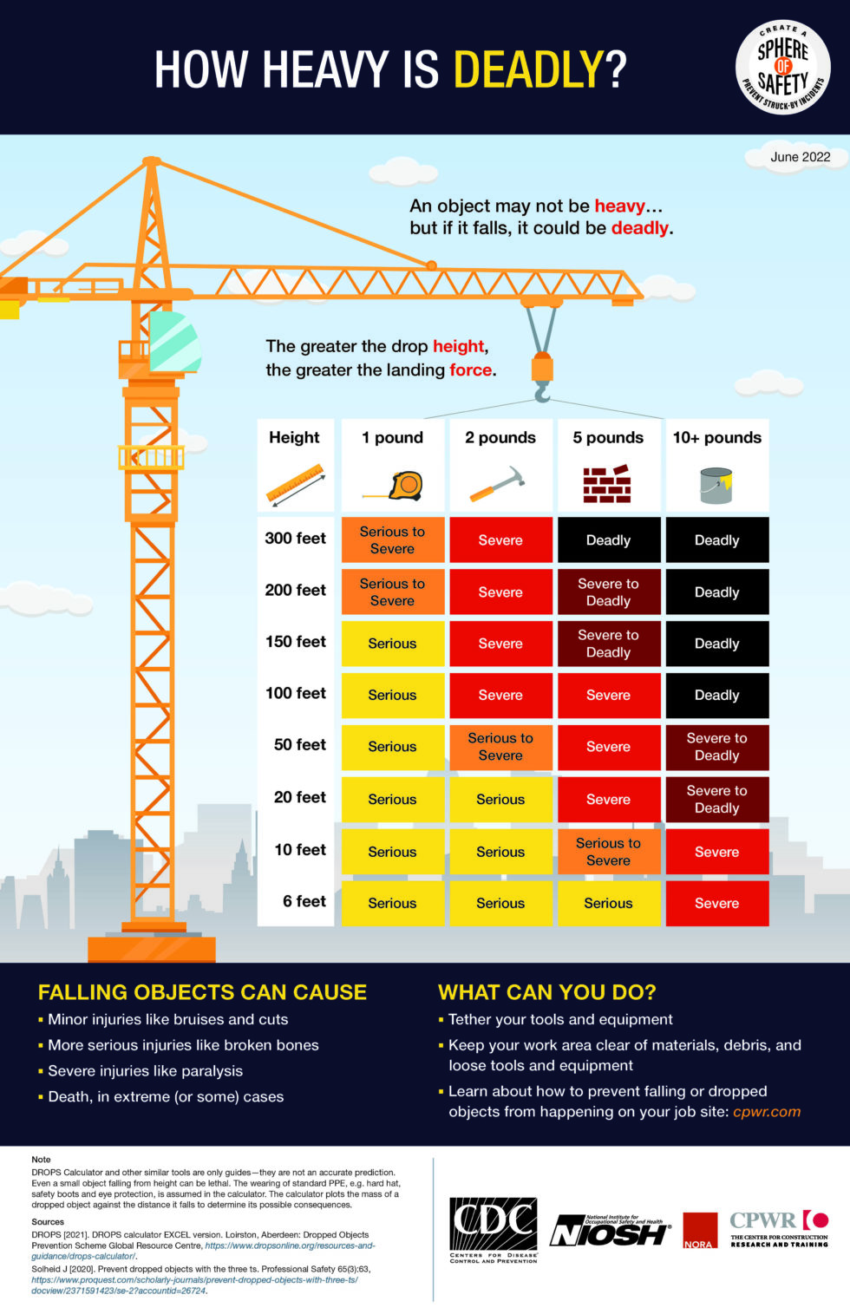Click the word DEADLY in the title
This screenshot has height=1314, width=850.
click(528, 70)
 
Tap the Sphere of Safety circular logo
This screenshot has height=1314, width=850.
click(782, 68)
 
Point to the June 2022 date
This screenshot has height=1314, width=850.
click(800, 157)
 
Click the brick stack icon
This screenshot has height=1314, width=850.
click(607, 484)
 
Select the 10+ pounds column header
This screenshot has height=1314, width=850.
click(716, 438)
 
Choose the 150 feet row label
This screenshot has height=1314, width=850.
click(296, 642)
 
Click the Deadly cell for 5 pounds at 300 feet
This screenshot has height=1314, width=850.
click(608, 540)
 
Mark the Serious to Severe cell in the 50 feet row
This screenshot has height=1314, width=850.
click(500, 747)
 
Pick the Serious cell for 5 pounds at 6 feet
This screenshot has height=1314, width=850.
click(608, 903)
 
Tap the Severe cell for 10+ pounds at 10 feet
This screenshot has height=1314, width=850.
click(716, 852)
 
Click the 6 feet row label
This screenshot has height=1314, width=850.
click(304, 902)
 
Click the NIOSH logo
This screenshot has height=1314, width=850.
click(611, 1231)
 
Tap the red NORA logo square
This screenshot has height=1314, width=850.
click(699, 1231)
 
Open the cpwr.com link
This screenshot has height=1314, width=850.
click(767, 1112)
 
